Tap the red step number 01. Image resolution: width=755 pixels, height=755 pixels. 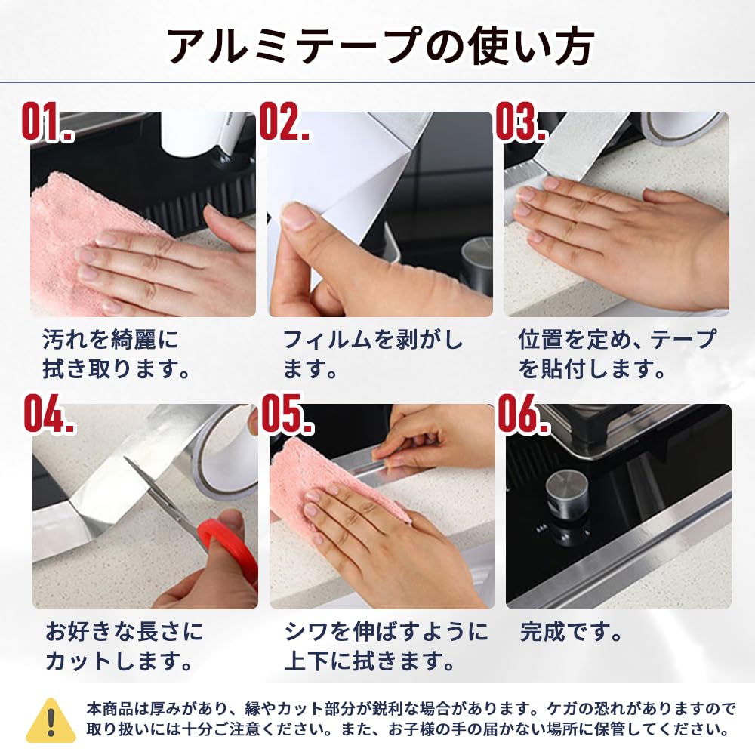pos(47,122)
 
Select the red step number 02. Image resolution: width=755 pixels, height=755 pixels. pos(284,122)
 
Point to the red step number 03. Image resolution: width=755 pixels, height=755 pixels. pos(522,122)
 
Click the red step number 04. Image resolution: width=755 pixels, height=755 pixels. pos(50,414)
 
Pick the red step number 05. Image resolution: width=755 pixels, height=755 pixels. pos(288,414)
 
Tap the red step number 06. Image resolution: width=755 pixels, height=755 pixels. pos(524,414)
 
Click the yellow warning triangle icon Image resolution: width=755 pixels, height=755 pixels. pos(51,720)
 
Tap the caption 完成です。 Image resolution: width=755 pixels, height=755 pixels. pos(571,632)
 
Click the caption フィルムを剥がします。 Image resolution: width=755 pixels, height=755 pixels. pos(373,354)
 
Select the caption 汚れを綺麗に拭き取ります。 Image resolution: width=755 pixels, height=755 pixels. pos(116,354)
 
